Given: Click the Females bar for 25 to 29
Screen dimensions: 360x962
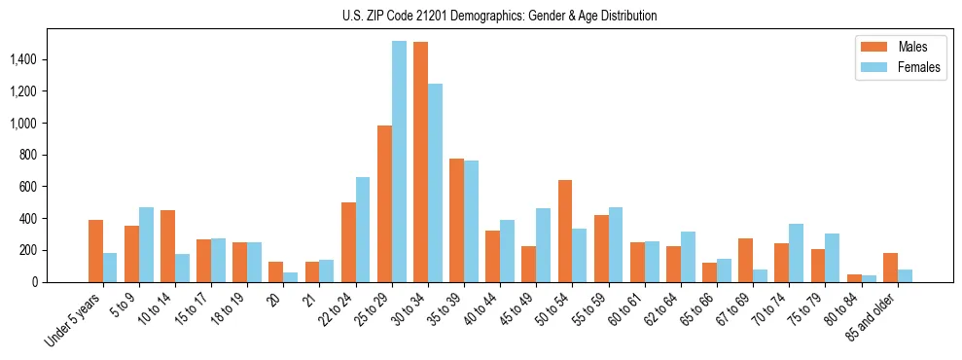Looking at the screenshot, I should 399,162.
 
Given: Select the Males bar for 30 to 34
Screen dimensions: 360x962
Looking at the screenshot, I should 421,162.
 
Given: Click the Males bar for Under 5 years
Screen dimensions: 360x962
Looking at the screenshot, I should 95,251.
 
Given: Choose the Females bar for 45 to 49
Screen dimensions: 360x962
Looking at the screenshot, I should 544,245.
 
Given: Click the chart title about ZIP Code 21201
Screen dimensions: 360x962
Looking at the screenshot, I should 500,16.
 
